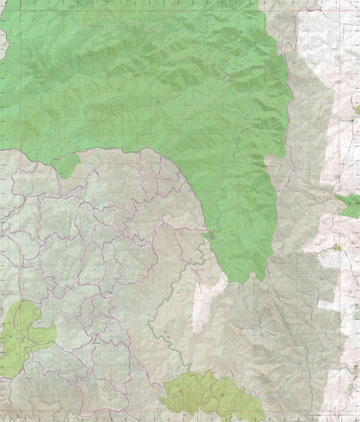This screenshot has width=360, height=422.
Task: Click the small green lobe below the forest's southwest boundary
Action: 67,164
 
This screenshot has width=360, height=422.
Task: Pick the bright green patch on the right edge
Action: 349,204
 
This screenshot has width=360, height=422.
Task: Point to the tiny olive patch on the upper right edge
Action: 357,110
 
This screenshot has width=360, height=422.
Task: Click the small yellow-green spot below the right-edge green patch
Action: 337,247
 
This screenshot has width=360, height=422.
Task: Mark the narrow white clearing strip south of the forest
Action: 201,308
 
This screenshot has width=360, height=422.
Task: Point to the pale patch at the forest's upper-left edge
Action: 3,45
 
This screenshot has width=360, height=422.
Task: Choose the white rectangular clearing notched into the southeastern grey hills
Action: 328,305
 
